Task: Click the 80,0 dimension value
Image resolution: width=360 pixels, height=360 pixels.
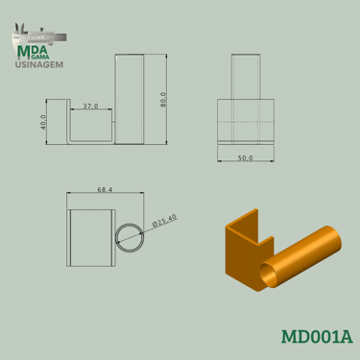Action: point(163,100)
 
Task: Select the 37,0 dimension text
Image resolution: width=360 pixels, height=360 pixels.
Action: point(91,106)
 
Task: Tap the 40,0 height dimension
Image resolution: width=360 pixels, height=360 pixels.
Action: point(43,122)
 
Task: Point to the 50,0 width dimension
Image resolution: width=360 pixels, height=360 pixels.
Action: point(246,158)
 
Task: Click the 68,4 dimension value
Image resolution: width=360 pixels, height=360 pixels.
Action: point(105,190)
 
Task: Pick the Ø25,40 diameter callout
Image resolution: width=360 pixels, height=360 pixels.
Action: point(165,220)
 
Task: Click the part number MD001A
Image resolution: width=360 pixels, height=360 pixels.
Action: point(317,337)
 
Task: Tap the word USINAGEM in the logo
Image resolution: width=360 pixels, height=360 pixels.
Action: point(39,64)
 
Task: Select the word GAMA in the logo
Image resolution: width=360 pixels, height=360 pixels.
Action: point(41,57)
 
